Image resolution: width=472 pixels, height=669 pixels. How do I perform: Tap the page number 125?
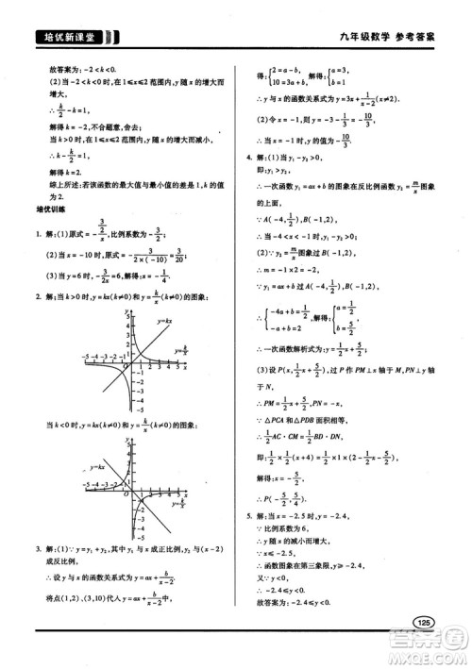point(423,623)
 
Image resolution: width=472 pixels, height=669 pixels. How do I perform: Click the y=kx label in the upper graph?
point(162,322)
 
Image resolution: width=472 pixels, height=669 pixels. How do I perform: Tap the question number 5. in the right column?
point(248,516)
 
